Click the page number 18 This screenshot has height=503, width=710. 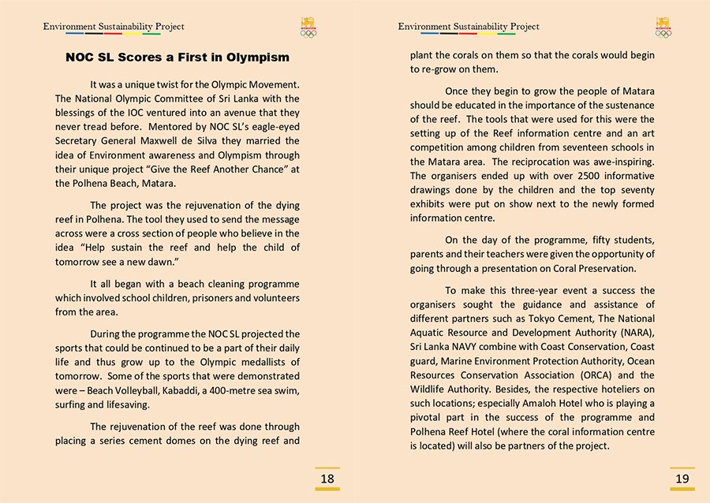[327, 479]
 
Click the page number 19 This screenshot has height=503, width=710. [682, 479]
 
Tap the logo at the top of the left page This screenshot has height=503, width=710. [308, 27]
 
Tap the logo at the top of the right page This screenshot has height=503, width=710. [663, 27]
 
